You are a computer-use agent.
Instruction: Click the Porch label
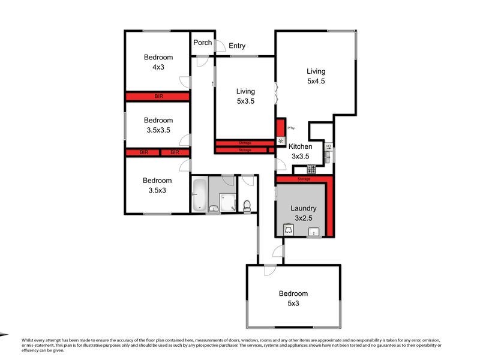tap(202, 43)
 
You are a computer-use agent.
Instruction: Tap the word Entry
tap(236, 46)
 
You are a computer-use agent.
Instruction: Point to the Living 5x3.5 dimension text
tap(245, 101)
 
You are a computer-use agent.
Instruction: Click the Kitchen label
tap(300, 146)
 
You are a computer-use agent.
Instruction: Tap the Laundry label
tap(303, 209)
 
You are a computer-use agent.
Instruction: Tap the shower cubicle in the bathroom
tap(227, 202)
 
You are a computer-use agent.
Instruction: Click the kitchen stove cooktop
tap(311, 169)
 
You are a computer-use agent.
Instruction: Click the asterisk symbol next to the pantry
tap(280, 142)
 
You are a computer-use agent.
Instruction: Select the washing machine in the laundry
tap(289, 231)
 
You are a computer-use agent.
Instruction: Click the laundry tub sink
tap(312, 233)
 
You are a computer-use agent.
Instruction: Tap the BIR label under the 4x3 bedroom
tap(158, 96)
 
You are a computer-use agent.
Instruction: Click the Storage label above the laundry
tap(304, 179)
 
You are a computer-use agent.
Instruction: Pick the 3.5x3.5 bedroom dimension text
tap(158, 130)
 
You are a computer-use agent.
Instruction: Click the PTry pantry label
tap(290, 128)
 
